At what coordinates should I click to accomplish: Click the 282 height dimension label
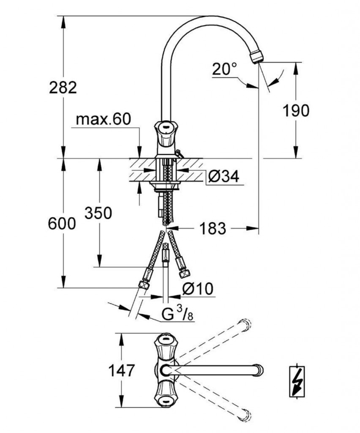pos(63,88)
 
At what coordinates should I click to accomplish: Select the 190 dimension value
pos(295,110)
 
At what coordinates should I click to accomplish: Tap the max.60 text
pos(104,120)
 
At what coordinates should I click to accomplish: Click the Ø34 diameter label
pos(223,176)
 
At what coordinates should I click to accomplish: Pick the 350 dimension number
pos(98,213)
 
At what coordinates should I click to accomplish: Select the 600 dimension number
pos(62,224)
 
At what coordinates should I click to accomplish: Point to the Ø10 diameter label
pos(198,289)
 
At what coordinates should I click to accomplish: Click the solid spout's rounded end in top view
pos(258,370)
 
